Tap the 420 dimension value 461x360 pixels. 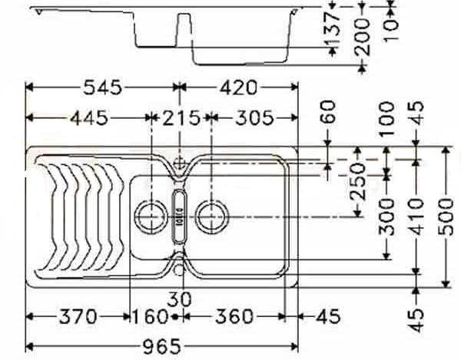pyautogui.click(x=238, y=88)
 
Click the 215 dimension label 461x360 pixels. pyautogui.click(x=181, y=118)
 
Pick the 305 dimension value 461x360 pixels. pyautogui.click(x=254, y=118)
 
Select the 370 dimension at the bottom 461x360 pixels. pyautogui.click(x=75, y=315)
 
